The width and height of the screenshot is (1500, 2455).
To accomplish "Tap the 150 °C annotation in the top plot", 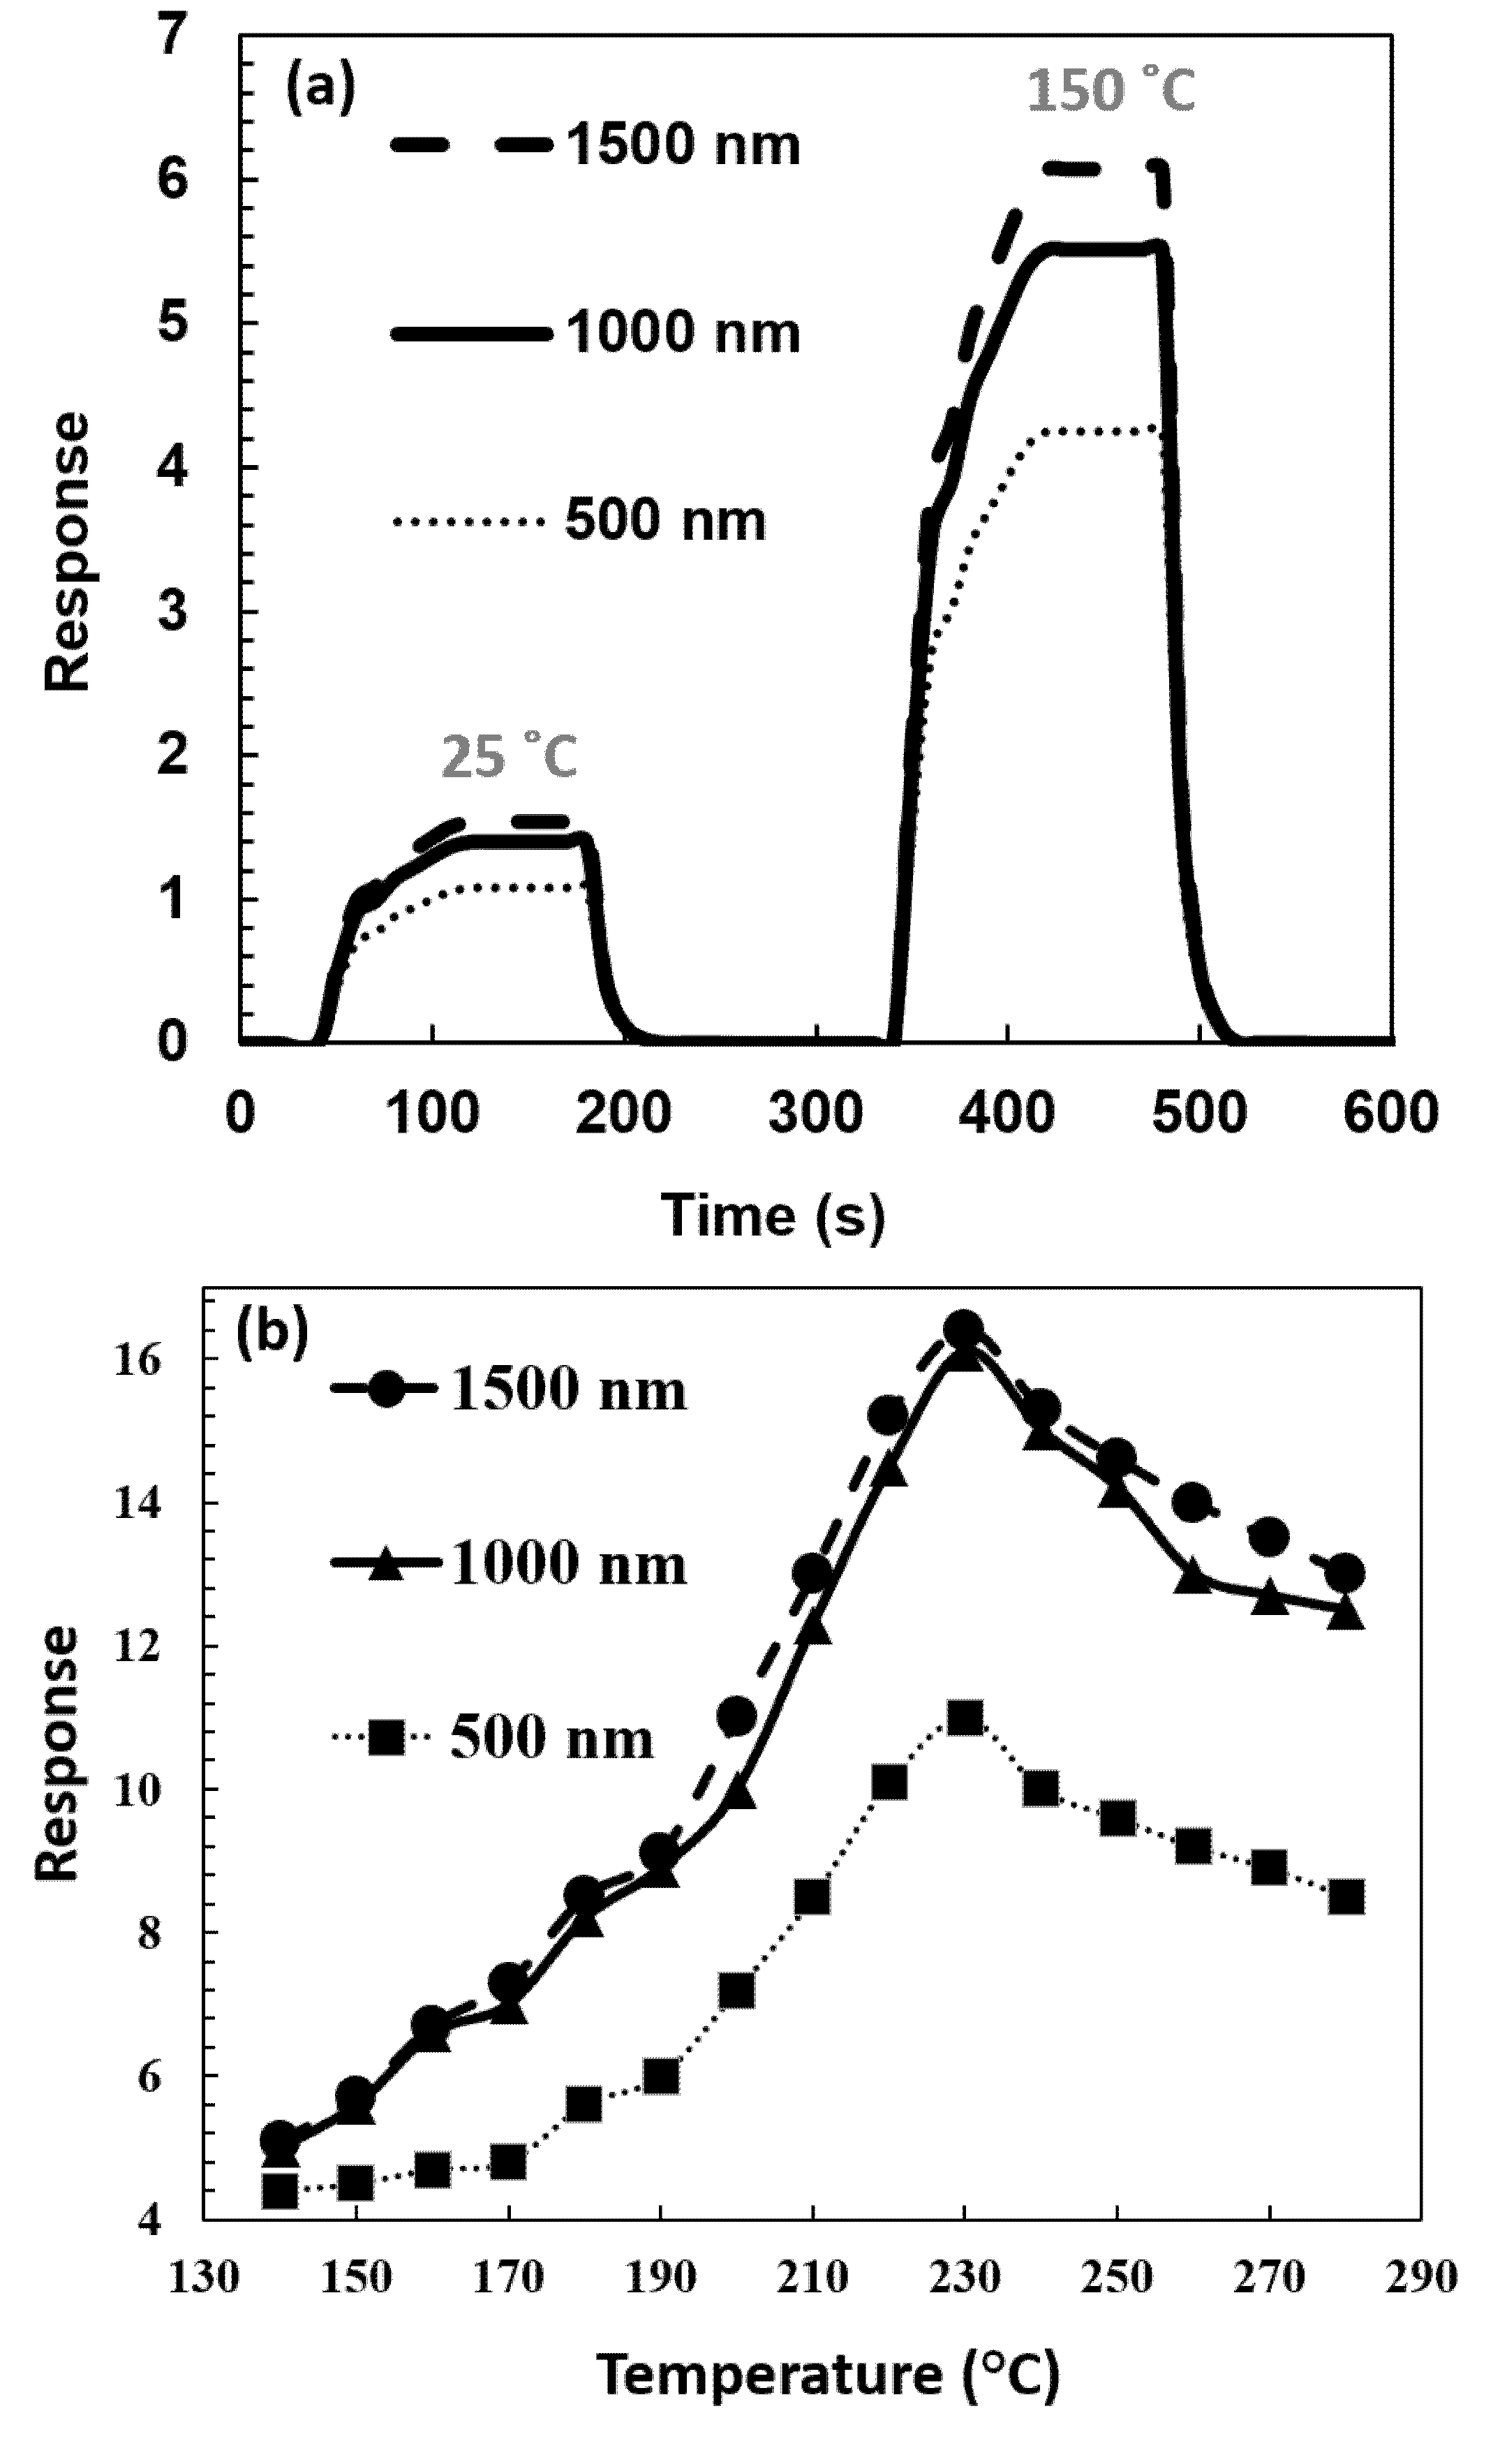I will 1110,91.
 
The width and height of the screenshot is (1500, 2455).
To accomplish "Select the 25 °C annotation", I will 509,757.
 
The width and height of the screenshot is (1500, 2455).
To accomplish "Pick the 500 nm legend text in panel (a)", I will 665,520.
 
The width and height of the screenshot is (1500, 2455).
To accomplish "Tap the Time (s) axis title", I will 773,1216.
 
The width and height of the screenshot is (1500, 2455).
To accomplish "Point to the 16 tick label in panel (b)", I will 138,1360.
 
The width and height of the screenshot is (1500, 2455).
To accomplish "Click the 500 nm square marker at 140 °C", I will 280,2191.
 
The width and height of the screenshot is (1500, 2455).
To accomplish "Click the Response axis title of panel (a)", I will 68,552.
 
